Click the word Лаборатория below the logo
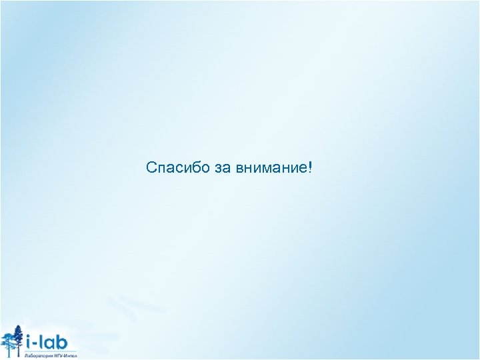coord(37,355)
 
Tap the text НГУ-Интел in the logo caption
coord(65,355)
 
